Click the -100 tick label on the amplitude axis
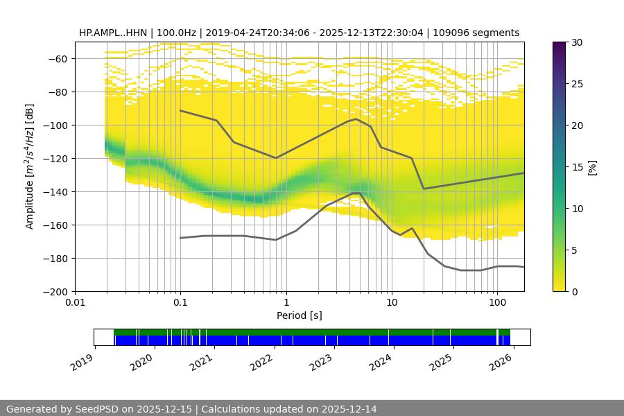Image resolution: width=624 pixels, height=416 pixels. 56,125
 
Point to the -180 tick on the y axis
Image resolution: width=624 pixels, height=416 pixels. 56,258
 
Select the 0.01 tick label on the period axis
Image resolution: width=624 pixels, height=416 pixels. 75,303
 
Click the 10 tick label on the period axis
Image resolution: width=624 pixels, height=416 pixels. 391,303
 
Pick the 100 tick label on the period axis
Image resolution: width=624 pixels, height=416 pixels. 496,303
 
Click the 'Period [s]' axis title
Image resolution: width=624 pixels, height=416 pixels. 300,316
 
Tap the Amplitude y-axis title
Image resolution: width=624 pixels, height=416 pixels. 29,166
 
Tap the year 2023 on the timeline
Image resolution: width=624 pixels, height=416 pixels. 322,361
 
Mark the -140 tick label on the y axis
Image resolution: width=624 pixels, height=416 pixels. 56,191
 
